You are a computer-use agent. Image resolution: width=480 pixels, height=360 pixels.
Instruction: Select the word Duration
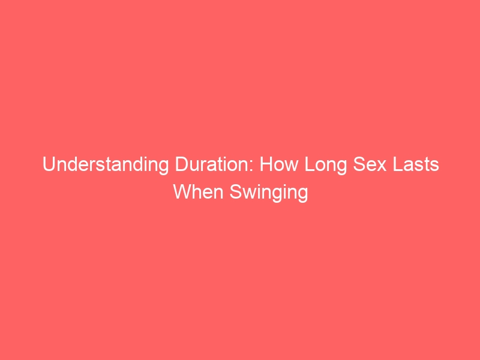(x=214, y=164)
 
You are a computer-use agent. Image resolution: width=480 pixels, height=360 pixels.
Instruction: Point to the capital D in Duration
(x=181, y=164)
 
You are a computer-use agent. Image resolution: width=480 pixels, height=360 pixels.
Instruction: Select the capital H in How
(x=266, y=164)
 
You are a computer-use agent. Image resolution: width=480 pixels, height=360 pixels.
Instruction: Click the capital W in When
(x=183, y=192)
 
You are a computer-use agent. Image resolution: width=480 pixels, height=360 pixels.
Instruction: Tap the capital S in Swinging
(x=236, y=192)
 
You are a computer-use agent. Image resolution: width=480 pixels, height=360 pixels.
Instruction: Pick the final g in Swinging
(x=303, y=196)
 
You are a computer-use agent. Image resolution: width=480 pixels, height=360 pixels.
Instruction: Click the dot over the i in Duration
(x=229, y=158)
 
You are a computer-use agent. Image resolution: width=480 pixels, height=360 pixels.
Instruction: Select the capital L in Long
(x=310, y=164)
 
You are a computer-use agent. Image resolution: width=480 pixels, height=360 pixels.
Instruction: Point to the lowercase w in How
(x=291, y=167)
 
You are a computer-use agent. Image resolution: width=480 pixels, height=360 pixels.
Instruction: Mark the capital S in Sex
(x=359, y=164)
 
